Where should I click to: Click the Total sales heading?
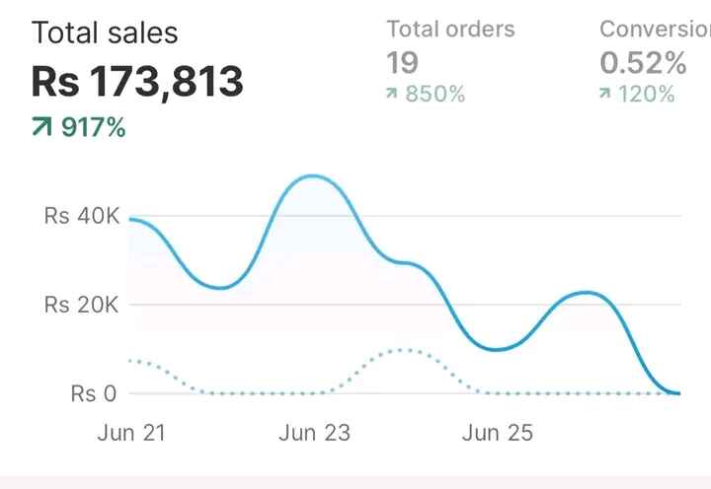click(x=105, y=33)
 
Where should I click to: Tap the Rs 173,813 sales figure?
click(x=137, y=82)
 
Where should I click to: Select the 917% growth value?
click(x=94, y=127)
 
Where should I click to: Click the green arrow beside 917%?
click(x=41, y=127)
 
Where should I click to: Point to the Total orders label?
click(x=450, y=29)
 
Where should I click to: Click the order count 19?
click(x=403, y=63)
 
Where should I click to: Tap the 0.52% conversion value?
click(x=643, y=63)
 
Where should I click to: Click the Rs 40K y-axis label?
click(x=81, y=216)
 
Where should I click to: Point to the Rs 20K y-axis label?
click(x=81, y=305)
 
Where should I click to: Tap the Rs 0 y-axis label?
click(x=94, y=393)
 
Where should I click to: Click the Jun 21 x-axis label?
click(x=131, y=433)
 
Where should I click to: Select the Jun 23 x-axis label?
click(x=314, y=433)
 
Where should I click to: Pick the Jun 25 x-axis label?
click(x=497, y=433)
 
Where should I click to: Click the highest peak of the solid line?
click(x=313, y=176)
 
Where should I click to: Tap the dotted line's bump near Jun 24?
click(x=403, y=350)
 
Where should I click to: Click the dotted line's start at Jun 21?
click(x=130, y=361)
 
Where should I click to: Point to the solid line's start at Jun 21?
click(x=130, y=219)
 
